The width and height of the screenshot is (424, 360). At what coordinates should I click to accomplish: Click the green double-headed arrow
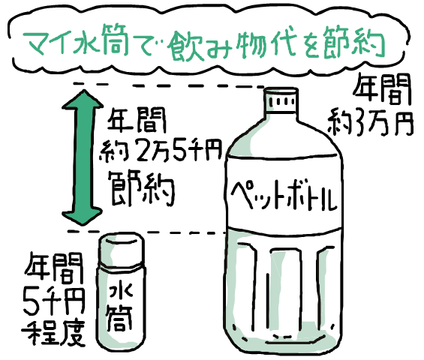tap(83, 157)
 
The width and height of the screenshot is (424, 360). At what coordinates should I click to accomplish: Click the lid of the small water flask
tap(121, 252)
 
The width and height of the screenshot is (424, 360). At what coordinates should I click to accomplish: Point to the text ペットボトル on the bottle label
tap(284, 196)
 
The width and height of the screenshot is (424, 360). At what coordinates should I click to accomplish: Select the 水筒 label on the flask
tap(119, 307)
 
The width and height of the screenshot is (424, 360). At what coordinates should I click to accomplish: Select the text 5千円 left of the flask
tap(54, 301)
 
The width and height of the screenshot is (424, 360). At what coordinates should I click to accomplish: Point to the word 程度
tap(53, 333)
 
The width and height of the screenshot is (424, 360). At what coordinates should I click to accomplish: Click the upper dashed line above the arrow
tap(169, 85)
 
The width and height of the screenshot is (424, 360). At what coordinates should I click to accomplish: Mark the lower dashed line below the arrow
tap(146, 232)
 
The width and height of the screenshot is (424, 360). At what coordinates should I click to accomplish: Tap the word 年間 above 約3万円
tap(381, 90)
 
